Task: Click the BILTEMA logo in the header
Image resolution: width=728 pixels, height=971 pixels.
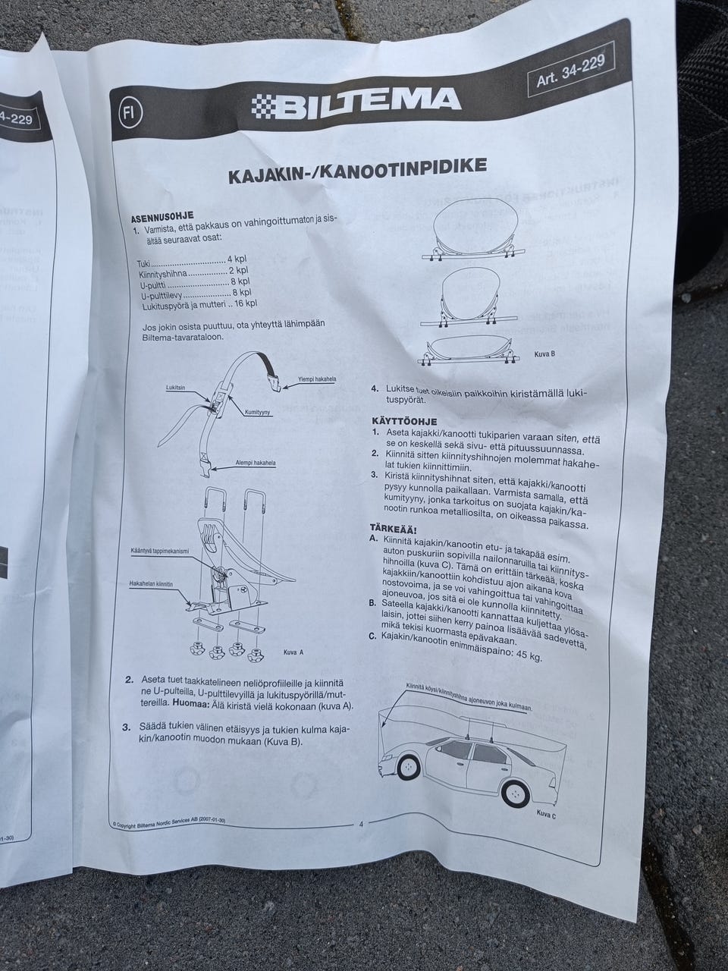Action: pyautogui.click(x=356, y=105)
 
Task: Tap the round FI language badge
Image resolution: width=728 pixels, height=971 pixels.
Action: pyautogui.click(x=127, y=113)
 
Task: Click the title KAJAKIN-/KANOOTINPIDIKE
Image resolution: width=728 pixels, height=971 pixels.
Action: pyautogui.click(x=357, y=173)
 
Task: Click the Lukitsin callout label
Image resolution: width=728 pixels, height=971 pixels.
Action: pyautogui.click(x=176, y=388)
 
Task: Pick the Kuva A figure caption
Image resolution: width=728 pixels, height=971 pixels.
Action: pyautogui.click(x=293, y=652)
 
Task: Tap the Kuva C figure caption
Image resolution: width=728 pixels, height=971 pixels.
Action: pyautogui.click(x=546, y=813)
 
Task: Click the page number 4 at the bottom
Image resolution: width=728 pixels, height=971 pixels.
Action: pyautogui.click(x=360, y=824)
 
